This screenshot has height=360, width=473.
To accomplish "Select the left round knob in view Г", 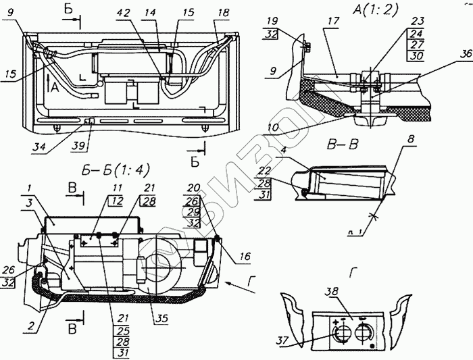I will pos(340,334).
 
